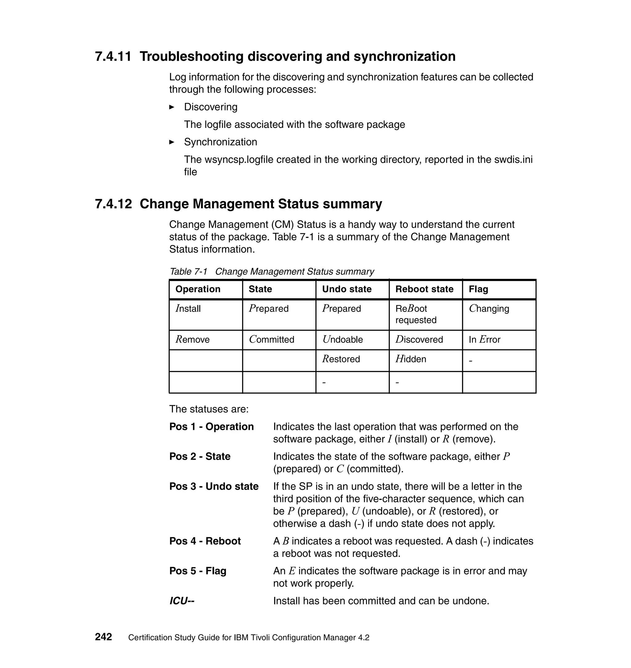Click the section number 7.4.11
pos(113,56)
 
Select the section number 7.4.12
pos(113,204)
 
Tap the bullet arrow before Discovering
pos(172,107)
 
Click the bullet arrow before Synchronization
pos(172,142)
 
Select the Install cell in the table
pos(188,309)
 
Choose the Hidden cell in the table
pos(411,359)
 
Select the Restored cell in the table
pos(341,359)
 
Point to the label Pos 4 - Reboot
pos(205,541)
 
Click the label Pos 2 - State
pos(200,457)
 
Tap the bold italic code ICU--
pos(182,601)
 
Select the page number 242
pos(103,637)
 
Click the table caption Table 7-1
pos(188,272)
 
